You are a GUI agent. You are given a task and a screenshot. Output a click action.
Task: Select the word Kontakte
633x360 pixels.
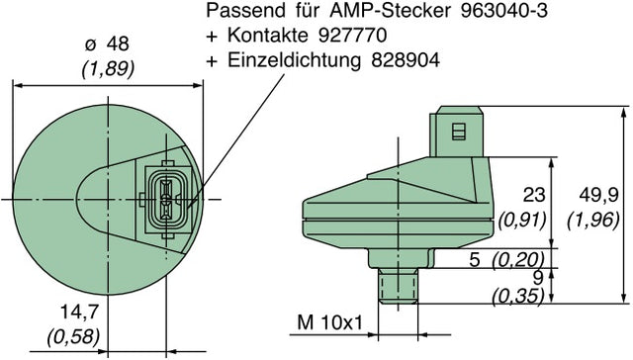click(263, 37)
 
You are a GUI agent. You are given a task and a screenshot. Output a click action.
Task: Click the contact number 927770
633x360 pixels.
click(353, 37)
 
